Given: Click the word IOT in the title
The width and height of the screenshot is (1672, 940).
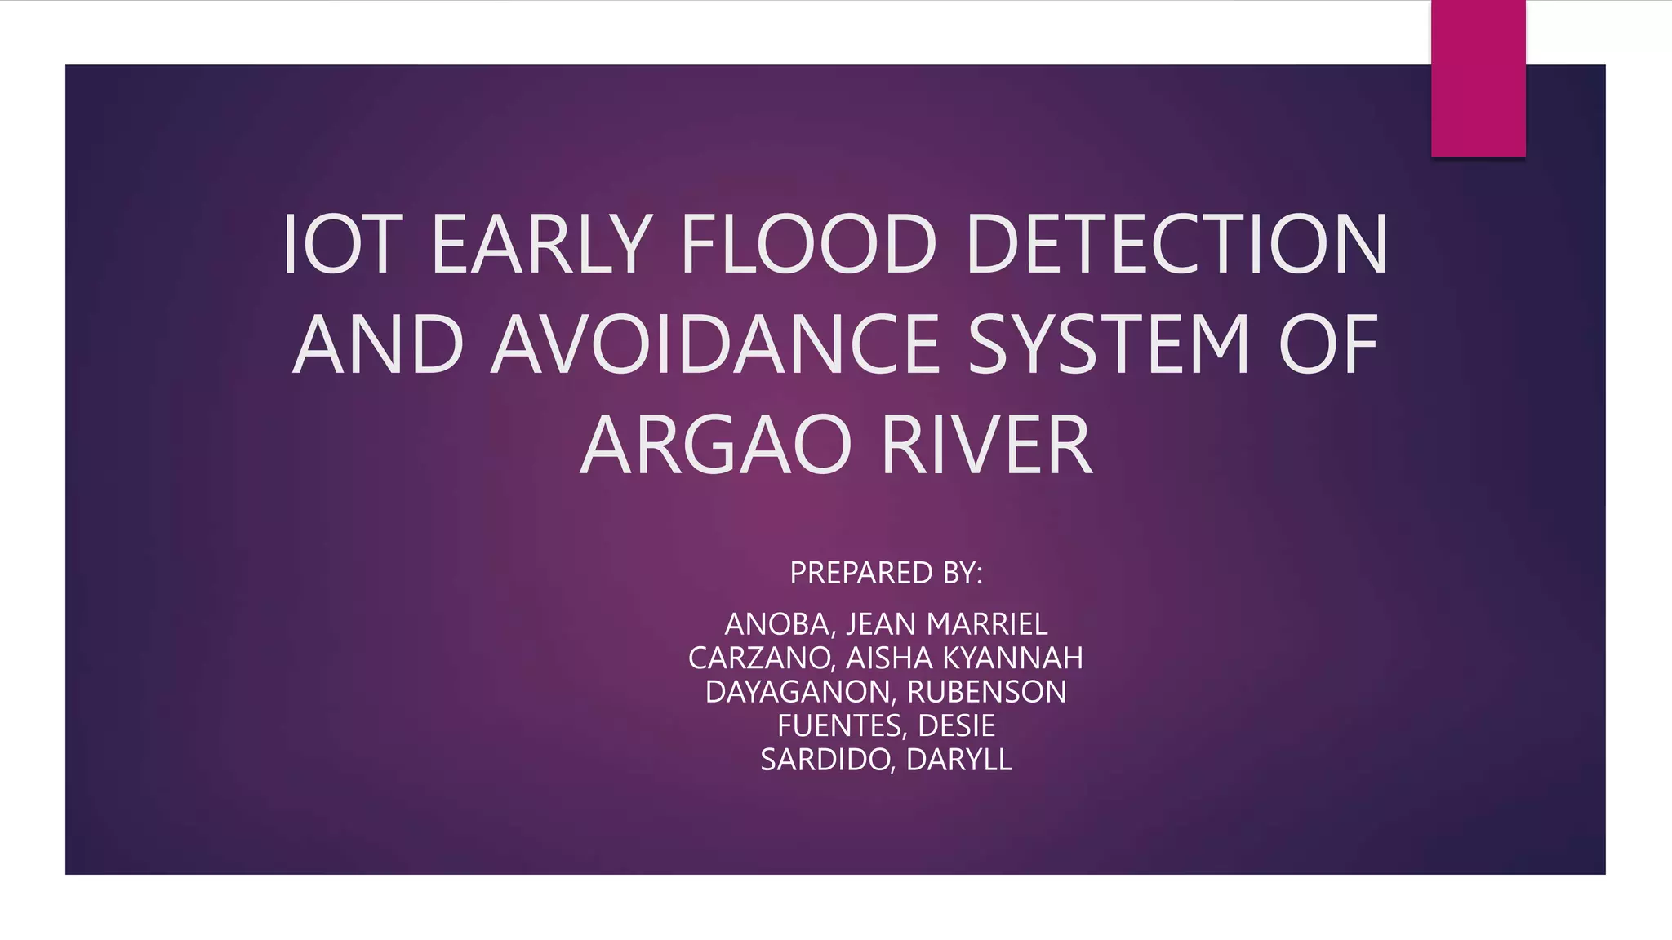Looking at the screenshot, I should coord(342,244).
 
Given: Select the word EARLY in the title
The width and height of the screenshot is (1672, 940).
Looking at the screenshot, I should coord(540,244).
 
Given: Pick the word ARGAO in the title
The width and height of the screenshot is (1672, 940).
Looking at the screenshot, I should coord(716,446).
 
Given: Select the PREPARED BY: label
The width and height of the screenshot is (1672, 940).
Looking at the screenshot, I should coord(886,573).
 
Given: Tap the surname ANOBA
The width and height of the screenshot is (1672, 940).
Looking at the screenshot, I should coord(776,624).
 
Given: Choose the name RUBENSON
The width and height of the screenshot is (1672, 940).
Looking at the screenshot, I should coord(986,692).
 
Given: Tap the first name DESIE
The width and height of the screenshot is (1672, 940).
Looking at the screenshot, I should coord(956,726).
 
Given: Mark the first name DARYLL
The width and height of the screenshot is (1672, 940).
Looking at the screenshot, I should coord(958,760).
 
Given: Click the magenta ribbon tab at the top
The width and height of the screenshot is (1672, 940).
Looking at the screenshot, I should coord(1478,78).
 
